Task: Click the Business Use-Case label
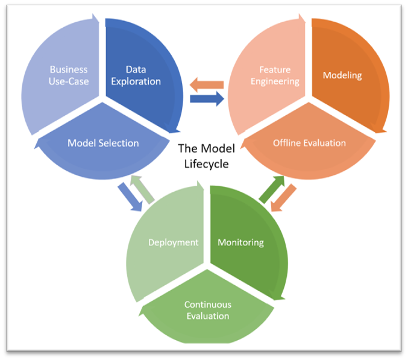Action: pos(69,75)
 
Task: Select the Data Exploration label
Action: pos(136,75)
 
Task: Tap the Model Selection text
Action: pos(103,143)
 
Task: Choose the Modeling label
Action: pos(342,75)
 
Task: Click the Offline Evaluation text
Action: pos(309,143)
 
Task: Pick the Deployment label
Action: pos(174,242)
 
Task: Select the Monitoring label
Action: pos(240,242)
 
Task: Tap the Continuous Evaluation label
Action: pos(207,310)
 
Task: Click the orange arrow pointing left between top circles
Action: pos(207,84)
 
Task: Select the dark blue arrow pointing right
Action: pos(207,99)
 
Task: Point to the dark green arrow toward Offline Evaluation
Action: pos(272,189)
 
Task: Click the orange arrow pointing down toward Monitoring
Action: pos(284,198)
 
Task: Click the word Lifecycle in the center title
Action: pos(207,163)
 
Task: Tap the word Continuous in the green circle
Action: pos(207,304)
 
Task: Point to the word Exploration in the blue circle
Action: pos(136,81)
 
